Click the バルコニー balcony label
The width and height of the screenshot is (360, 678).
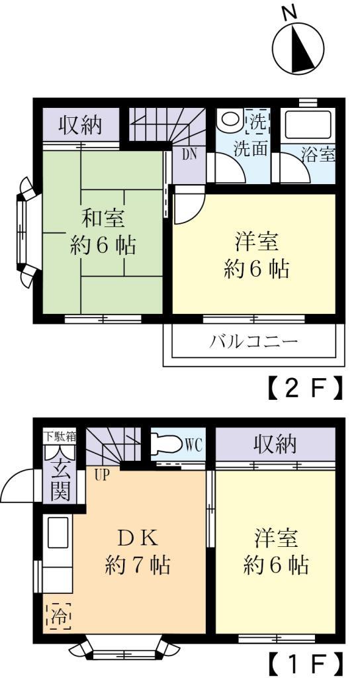[253, 342]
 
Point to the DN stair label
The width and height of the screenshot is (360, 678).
[188, 156]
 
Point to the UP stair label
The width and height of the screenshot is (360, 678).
[103, 474]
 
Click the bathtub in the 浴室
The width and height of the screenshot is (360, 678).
[306, 126]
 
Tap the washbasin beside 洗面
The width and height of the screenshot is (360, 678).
[230, 119]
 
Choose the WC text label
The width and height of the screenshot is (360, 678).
[194, 444]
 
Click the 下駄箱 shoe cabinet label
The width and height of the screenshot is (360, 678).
[60, 436]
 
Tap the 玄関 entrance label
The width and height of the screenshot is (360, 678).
[60, 477]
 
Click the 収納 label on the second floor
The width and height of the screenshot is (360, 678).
[82, 125]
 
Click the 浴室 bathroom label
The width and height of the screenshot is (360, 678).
[318, 156]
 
